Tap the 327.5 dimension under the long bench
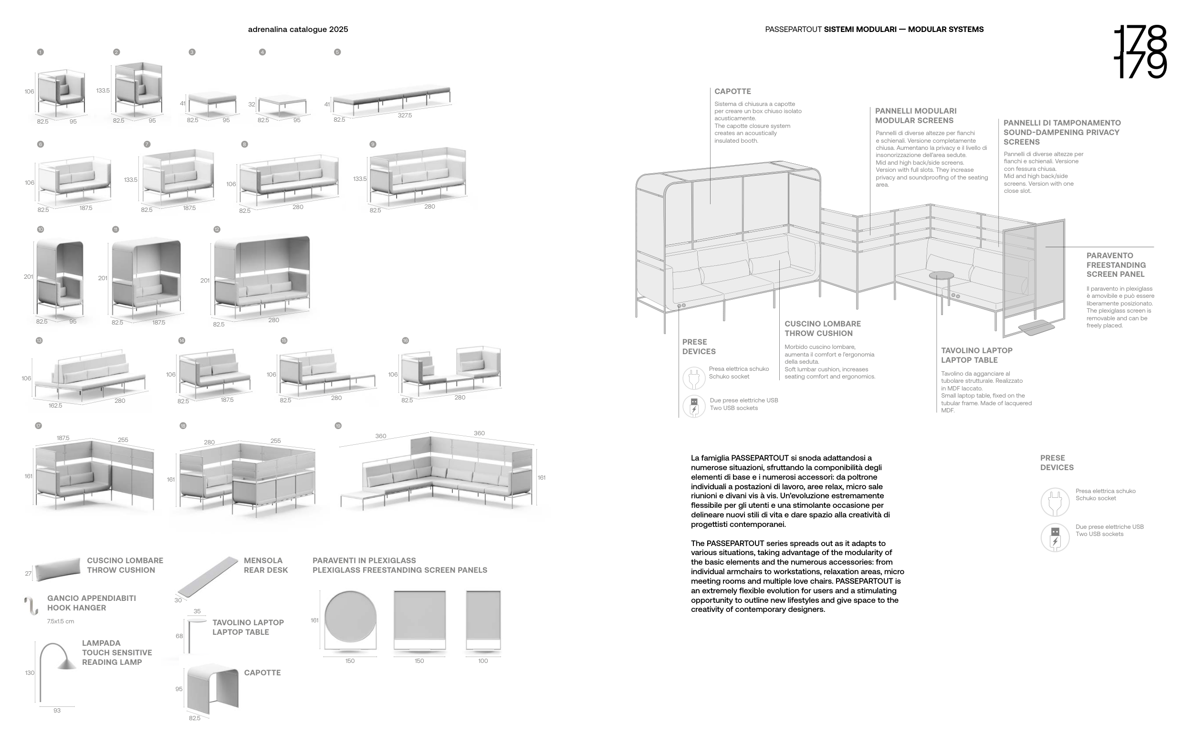point(404,116)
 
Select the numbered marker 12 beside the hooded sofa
point(217,230)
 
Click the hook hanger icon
point(31,605)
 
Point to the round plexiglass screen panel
point(350,617)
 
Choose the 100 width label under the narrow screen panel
point(483,661)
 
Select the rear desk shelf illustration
point(208,576)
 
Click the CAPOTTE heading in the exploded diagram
point(733,91)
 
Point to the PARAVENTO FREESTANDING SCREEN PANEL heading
point(1116,265)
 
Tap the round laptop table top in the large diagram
point(941,275)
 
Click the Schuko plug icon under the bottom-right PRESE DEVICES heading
point(1055,502)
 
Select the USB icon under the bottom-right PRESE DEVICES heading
point(1055,537)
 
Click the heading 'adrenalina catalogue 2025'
point(298,30)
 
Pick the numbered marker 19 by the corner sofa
point(338,426)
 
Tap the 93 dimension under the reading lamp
point(57,711)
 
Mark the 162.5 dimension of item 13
point(55,406)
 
